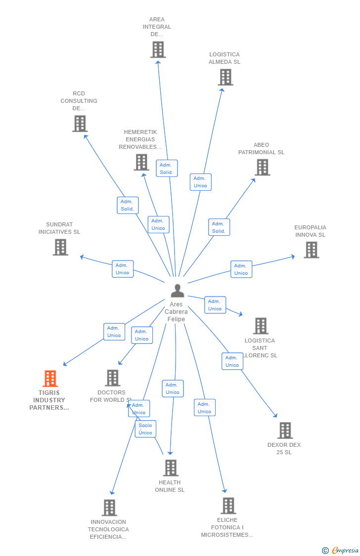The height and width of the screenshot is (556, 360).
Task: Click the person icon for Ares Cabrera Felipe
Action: pyautogui.click(x=177, y=291)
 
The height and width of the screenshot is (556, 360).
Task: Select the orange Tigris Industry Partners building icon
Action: pyautogui.click(x=50, y=379)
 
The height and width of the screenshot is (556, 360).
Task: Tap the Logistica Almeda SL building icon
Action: pyautogui.click(x=225, y=77)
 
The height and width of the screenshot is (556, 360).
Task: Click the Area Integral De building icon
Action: pyautogui.click(x=158, y=49)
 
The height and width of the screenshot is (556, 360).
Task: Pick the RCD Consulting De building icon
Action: pyautogui.click(x=80, y=124)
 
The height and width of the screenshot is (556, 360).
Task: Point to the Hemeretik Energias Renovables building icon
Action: pyautogui.click(x=141, y=162)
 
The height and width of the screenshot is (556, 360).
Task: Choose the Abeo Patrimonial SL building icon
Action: pyautogui.click(x=262, y=167)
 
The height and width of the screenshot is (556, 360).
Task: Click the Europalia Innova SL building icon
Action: pyautogui.click(x=311, y=250)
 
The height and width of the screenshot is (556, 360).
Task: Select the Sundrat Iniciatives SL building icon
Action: pyautogui.click(x=60, y=247)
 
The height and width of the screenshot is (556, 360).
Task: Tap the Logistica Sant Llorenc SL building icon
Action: pyautogui.click(x=261, y=326)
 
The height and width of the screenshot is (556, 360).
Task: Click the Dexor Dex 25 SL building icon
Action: pyautogui.click(x=285, y=430)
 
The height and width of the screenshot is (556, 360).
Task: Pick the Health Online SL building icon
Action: pyautogui.click(x=171, y=468)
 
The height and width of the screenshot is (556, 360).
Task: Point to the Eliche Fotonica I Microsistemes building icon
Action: pyautogui.click(x=228, y=506)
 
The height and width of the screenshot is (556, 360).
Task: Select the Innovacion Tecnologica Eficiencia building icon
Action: pyautogui.click(x=109, y=508)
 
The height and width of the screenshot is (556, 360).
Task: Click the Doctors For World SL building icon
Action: pyautogui.click(x=113, y=378)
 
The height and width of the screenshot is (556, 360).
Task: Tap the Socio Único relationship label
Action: pyautogui.click(x=145, y=429)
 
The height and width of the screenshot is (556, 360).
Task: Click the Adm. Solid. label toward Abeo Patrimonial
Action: pyautogui.click(x=219, y=227)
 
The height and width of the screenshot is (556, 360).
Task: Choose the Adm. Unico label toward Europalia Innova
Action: pyautogui.click(x=241, y=269)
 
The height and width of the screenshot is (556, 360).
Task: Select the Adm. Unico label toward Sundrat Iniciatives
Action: pyautogui.click(x=122, y=269)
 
